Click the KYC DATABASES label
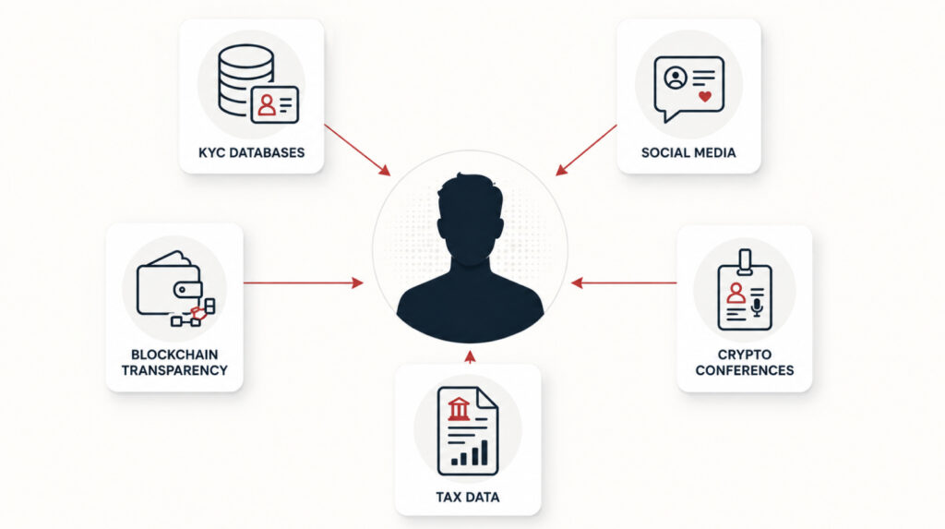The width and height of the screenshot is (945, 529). (x=251, y=152)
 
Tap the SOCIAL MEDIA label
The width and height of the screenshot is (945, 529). (x=688, y=152)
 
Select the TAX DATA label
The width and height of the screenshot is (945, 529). (x=468, y=497)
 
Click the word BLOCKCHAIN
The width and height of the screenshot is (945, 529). (x=174, y=355)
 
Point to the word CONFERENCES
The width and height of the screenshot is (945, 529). (x=745, y=370)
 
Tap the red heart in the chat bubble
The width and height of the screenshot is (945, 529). (x=704, y=96)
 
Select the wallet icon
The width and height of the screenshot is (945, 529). (x=170, y=283)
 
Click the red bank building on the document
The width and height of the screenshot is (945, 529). (x=460, y=409)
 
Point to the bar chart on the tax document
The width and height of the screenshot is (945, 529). (x=470, y=452)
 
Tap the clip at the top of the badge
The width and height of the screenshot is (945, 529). (x=745, y=261)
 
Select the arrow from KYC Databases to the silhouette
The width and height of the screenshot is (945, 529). (x=357, y=150)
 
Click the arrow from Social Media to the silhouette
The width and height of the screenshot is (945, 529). (x=586, y=150)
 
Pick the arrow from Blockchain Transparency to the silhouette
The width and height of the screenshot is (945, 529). (x=303, y=283)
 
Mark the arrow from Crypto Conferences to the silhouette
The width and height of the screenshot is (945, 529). (x=624, y=283)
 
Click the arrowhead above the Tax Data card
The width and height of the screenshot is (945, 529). (x=470, y=357)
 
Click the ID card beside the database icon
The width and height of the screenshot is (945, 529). (x=274, y=105)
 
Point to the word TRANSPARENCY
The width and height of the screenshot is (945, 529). (x=174, y=370)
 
